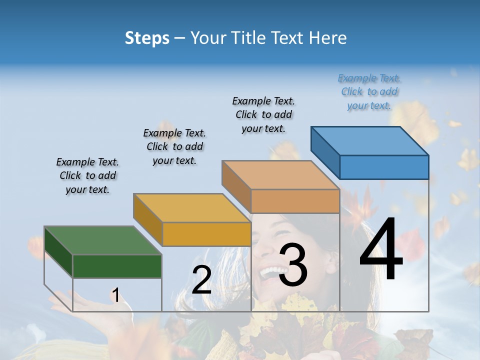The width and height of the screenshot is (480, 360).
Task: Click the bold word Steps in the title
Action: point(147,38)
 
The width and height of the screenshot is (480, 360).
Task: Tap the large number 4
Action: point(381,250)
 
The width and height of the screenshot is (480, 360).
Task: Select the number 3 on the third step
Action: point(292,265)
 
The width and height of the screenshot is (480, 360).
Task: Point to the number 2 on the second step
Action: point(201,280)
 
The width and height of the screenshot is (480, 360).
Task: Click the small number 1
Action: point(115,295)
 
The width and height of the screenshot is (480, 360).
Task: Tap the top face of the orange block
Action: point(280,175)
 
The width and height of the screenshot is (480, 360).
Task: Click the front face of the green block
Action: point(117,266)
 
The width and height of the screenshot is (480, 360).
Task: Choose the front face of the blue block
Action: point(384,167)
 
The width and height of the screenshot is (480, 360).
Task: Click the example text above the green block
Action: point(87,176)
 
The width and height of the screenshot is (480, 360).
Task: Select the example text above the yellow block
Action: point(174,147)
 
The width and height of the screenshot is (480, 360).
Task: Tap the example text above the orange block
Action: point(263,115)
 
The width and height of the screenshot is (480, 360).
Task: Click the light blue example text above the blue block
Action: point(369,92)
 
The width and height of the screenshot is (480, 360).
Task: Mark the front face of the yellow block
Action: point(206,234)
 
